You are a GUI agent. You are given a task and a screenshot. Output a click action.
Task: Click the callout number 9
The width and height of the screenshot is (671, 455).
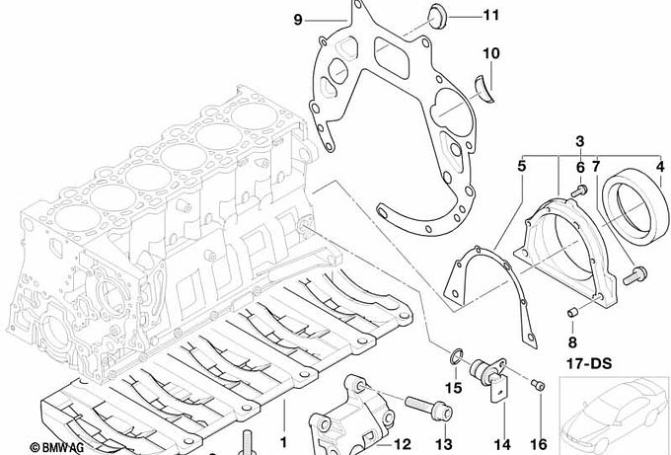[298, 20]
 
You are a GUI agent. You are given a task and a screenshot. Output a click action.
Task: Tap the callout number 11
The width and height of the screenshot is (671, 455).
[490, 16]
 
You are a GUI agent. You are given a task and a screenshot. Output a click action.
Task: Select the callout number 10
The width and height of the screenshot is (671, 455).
[490, 53]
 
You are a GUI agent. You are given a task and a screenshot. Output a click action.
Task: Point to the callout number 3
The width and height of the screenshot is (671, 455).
[580, 141]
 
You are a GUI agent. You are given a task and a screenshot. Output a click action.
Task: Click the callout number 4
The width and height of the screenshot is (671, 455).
[660, 166]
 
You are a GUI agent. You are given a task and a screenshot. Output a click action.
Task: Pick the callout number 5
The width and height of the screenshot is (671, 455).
[521, 166]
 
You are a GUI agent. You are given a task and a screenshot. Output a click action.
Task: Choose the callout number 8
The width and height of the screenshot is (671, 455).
[572, 342]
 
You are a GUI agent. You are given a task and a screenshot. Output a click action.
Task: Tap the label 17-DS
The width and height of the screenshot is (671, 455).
[589, 364]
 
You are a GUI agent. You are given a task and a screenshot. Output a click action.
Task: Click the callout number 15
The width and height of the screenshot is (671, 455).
[453, 388]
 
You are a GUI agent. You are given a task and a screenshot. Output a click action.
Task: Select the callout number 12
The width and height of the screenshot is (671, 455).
[402, 444]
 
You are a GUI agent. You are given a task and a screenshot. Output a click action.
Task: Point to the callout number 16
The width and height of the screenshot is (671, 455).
[539, 444]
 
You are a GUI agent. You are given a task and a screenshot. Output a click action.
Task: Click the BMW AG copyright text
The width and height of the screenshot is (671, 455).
[56, 448]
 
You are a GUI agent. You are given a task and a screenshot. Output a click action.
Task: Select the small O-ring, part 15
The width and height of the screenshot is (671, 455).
[456, 356]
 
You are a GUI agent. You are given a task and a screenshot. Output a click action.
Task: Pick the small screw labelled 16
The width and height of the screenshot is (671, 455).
[538, 385]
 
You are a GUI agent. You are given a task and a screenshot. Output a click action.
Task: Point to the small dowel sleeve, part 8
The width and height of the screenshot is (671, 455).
[573, 312]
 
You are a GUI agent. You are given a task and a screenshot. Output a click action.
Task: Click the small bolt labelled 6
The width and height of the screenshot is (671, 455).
[579, 190]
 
